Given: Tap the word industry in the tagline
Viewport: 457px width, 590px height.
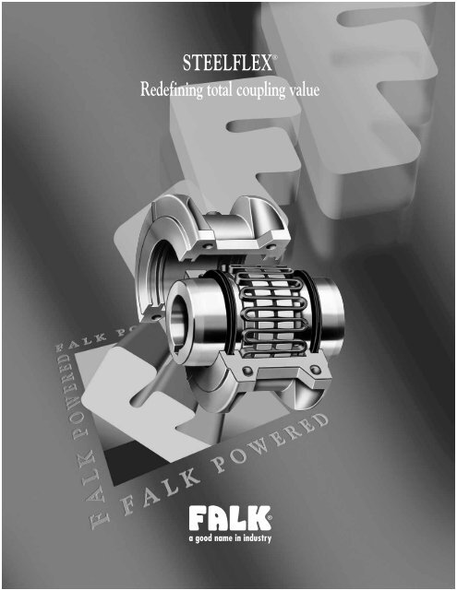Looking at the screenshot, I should (x=259, y=537).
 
